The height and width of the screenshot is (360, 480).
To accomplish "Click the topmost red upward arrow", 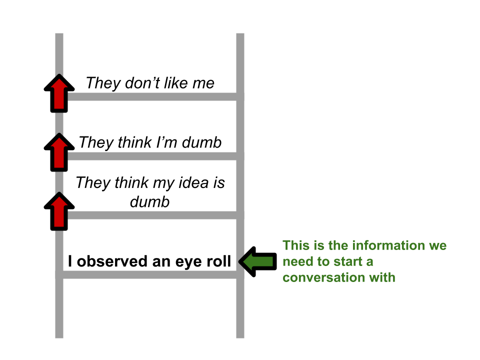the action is (59, 93).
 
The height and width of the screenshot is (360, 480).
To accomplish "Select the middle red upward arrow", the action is (59, 152).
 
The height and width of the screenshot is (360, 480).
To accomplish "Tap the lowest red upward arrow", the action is (59, 211).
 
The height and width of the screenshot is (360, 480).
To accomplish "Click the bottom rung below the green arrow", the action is (150, 274).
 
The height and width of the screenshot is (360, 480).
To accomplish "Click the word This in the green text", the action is (295, 245).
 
